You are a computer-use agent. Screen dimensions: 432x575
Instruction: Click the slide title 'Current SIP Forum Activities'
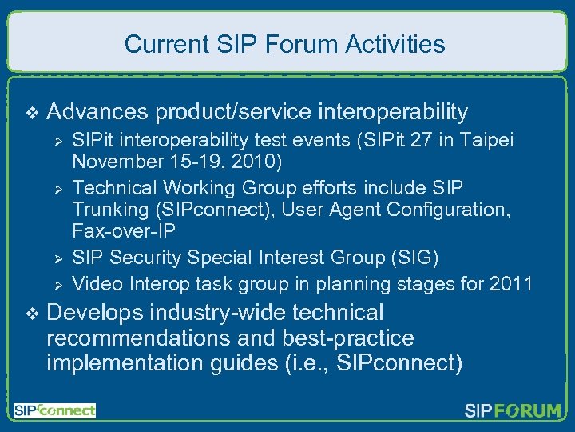pos(285,43)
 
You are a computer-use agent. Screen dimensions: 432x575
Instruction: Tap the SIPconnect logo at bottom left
pos(54,410)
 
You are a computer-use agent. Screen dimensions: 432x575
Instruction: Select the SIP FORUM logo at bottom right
pos(513,411)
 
